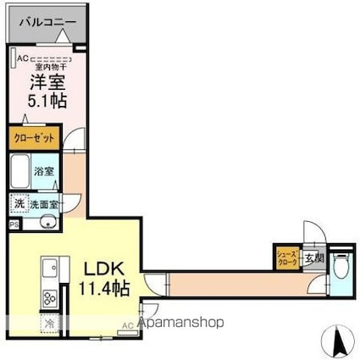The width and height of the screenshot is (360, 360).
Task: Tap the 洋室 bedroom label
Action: pyautogui.click(x=48, y=82)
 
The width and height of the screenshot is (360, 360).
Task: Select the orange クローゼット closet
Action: pyautogui.click(x=35, y=136)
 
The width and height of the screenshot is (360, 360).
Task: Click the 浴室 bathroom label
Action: pyautogui.click(x=45, y=170)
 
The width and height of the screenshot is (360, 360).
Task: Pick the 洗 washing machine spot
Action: pyautogui.click(x=19, y=204)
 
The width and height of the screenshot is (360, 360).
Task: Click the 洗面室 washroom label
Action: pyautogui.click(x=45, y=204)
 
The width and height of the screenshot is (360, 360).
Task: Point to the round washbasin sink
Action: pyautogui.click(x=47, y=223)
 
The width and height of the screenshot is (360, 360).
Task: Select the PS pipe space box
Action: pyautogui.click(x=14, y=224)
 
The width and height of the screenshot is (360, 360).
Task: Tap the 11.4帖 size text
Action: pyautogui.click(x=103, y=288)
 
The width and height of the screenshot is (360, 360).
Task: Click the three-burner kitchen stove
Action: pyautogui.click(x=48, y=297)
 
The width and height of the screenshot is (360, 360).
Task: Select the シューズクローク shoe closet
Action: pyautogui.click(x=285, y=258)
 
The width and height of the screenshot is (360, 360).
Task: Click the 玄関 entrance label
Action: pyautogui.click(x=313, y=258)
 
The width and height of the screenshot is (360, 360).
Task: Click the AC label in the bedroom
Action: pyautogui.click(x=24, y=58)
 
